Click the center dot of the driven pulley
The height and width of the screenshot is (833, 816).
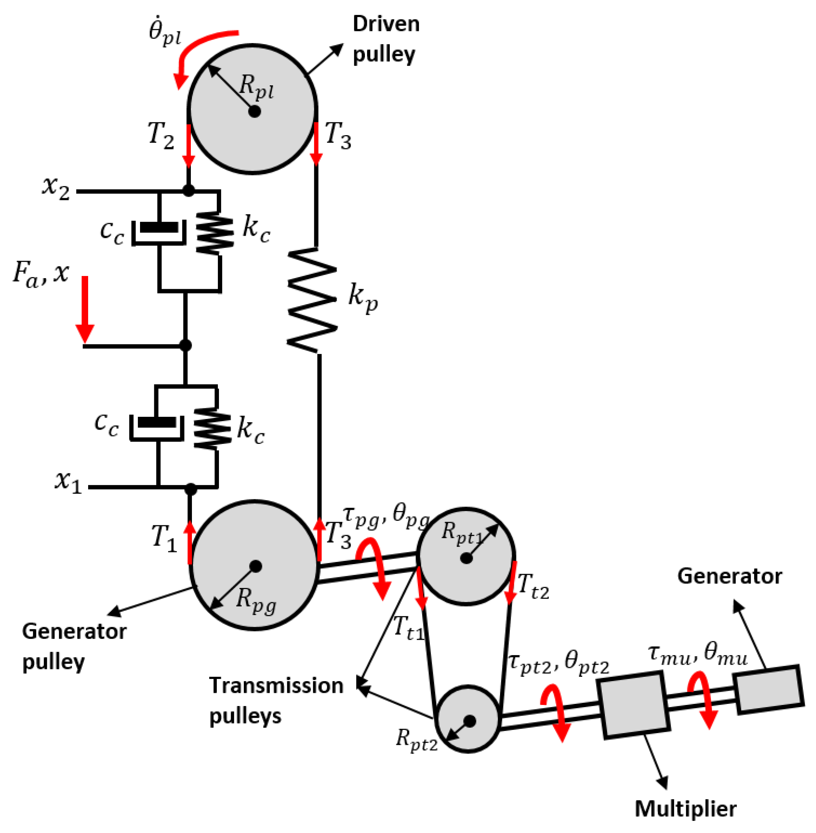(254, 112)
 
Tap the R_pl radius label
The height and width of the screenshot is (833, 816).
(256, 87)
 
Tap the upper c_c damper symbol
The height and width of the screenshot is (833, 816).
(159, 232)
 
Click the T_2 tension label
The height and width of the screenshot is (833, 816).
(161, 135)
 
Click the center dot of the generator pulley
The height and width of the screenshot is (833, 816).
(256, 566)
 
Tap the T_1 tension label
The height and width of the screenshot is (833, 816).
(164, 538)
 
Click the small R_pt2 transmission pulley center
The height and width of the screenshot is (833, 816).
(470, 721)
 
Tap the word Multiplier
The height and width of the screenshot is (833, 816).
(685, 808)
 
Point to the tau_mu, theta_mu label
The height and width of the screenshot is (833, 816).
(698, 656)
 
